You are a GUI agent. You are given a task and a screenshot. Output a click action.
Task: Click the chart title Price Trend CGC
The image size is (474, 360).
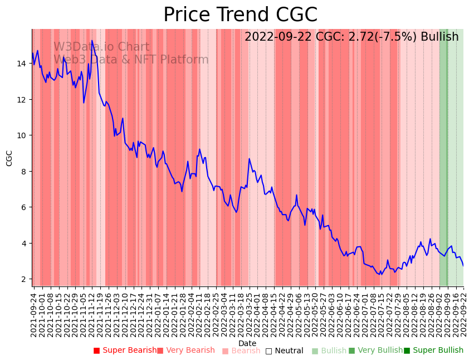tap(240, 15)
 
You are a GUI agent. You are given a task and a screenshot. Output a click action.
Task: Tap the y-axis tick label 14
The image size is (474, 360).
tap(21, 64)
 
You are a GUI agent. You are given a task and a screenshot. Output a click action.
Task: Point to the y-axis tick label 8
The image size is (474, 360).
tap(23, 171)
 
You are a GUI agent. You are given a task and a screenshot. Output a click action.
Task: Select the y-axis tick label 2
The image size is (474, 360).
tap(23, 279)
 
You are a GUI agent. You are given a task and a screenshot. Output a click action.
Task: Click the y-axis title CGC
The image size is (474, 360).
tap(9, 158)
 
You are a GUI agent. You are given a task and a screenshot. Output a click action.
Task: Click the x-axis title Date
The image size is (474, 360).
tap(247, 343)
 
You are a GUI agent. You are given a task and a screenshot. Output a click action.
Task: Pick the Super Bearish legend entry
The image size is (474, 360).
tap(125, 351)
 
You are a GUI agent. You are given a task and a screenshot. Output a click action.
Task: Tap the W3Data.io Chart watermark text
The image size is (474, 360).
tap(101, 47)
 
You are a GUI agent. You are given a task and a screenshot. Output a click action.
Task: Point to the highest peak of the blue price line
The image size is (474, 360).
tap(92, 41)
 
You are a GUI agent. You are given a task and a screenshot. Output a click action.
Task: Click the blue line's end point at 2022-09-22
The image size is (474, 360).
tap(463, 266)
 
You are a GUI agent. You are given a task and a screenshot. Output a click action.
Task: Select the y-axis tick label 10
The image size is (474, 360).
tap(21, 135)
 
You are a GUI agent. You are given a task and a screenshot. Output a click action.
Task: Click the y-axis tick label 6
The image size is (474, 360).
tap(23, 207)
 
